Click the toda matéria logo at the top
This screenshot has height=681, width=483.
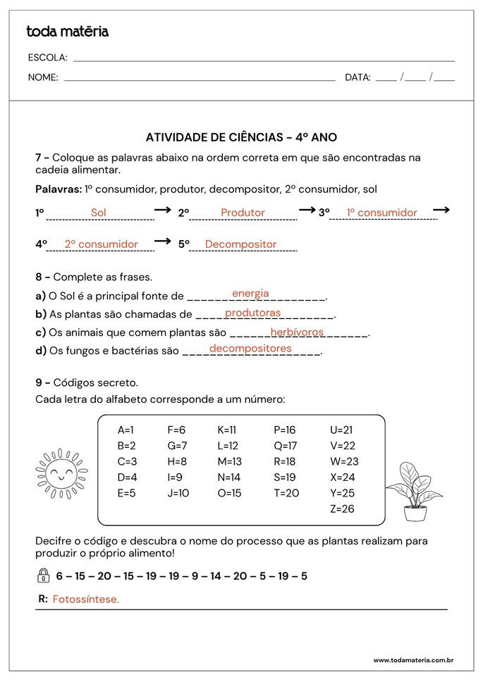67,32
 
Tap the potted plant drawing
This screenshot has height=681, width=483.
414,490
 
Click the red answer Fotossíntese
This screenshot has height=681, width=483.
86,599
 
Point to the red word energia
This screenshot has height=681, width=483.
250,294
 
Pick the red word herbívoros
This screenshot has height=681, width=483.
297,332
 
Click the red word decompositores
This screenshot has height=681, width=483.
250,349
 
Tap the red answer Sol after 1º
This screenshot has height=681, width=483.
99,213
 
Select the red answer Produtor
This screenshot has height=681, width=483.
243,213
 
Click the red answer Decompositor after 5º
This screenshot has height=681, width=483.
240,244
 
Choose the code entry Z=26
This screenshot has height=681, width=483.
342,508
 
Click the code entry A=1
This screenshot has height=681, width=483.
126,430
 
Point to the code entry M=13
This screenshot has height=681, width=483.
229,461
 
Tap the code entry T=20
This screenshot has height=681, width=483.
286,493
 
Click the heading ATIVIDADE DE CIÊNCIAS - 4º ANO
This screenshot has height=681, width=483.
240,138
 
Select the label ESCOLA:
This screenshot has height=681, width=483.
47,57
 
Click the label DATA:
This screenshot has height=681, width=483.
357,77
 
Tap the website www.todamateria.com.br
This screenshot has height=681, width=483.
412,660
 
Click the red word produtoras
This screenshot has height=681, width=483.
252,313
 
